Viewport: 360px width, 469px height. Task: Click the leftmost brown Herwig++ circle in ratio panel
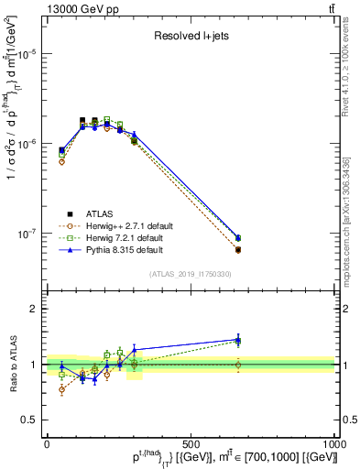pyautogui.click(x=61, y=389)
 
